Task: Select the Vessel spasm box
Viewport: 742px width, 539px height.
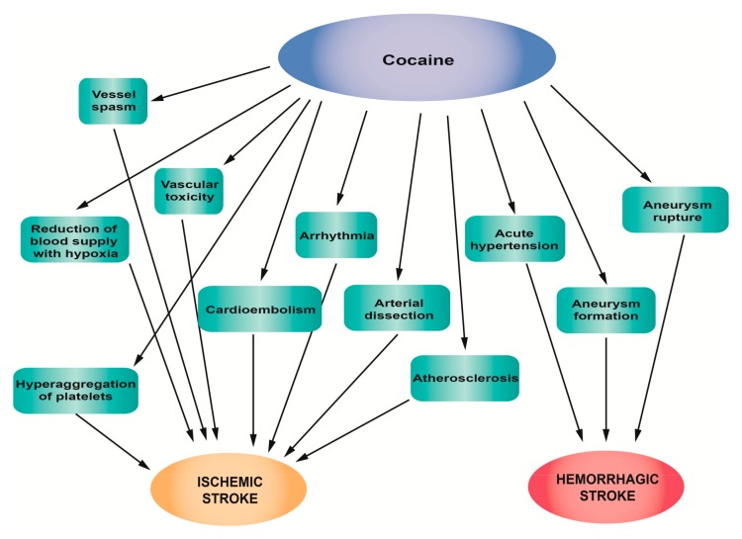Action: pyautogui.click(x=113, y=100)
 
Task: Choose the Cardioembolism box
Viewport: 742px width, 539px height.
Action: pyautogui.click(x=260, y=310)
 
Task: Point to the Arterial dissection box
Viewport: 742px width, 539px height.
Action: pyautogui.click(x=397, y=308)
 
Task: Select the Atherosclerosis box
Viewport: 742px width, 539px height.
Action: pyautogui.click(x=465, y=378)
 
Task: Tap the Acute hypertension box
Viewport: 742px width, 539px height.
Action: pyautogui.click(x=513, y=238)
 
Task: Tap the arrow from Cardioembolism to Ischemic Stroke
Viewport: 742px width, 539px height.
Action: pyautogui.click(x=256, y=386)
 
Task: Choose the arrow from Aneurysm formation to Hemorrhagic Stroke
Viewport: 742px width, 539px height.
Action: pyautogui.click(x=605, y=386)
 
